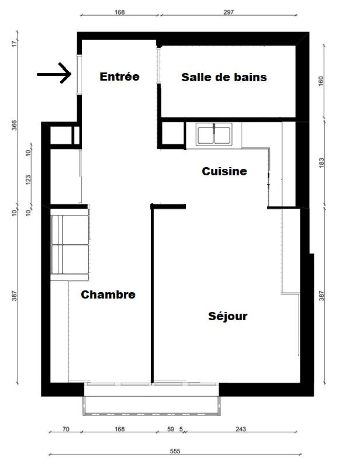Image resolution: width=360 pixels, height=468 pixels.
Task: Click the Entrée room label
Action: [119, 77]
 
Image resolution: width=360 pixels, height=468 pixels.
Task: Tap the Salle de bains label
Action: [224, 77]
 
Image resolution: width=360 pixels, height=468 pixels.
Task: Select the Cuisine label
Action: [224, 171]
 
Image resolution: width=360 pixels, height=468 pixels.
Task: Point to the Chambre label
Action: [108, 294]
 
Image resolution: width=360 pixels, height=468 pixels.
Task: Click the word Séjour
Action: [228, 316]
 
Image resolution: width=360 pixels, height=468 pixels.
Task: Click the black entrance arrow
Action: [54, 73]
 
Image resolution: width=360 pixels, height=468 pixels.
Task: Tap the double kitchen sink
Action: [214, 134]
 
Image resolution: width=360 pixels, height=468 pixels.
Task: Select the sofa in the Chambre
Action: [70, 245]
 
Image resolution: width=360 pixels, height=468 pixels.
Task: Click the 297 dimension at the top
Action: [229, 12]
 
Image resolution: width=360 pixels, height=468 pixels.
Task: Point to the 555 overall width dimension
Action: [175, 451]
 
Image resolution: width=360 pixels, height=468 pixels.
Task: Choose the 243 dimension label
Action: [241, 429]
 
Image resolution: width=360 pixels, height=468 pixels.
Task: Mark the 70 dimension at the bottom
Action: [66, 429]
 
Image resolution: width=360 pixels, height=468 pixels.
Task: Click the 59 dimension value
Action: [171, 429]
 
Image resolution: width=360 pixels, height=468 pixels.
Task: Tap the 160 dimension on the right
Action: [321, 81]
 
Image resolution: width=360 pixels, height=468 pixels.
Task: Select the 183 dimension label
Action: [321, 162]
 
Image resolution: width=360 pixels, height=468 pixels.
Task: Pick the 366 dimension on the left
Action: [14, 126]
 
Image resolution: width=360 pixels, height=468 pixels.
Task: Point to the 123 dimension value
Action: [29, 180]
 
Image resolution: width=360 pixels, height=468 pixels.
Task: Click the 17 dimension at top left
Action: [14, 44]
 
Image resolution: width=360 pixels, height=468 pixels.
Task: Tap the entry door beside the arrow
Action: [79, 75]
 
